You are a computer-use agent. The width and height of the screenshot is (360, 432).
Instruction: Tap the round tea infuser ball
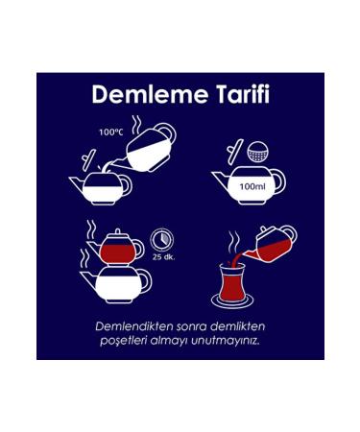258,151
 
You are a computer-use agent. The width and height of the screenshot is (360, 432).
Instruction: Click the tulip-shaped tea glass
229,281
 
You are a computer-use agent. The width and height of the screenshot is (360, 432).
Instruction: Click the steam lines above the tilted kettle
140,123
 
